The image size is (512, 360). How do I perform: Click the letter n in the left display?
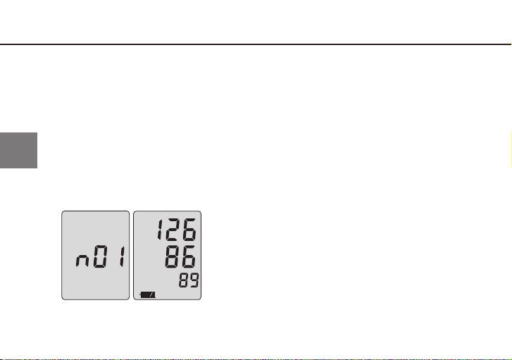pos(82,261)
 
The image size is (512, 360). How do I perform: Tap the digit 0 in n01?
pos(101,256)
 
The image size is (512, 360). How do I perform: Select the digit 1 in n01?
pos(122,256)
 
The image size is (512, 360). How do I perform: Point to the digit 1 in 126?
pos(160,230)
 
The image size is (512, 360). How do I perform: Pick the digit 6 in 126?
pos(189,230)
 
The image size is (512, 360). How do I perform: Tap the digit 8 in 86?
pos(173,256)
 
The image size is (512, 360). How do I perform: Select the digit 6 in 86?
pos(189,256)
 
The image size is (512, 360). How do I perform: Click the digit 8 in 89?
pos(184,280)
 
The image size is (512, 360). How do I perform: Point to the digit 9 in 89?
pos(194,280)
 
